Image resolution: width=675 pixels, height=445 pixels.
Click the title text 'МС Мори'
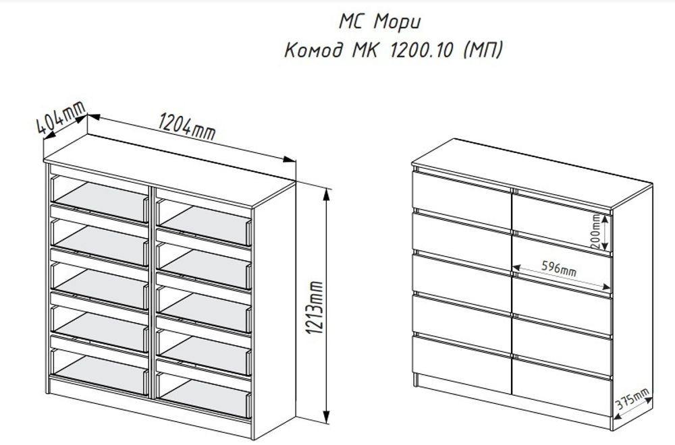[379, 21]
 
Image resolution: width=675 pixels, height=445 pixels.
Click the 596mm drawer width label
[558, 268]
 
